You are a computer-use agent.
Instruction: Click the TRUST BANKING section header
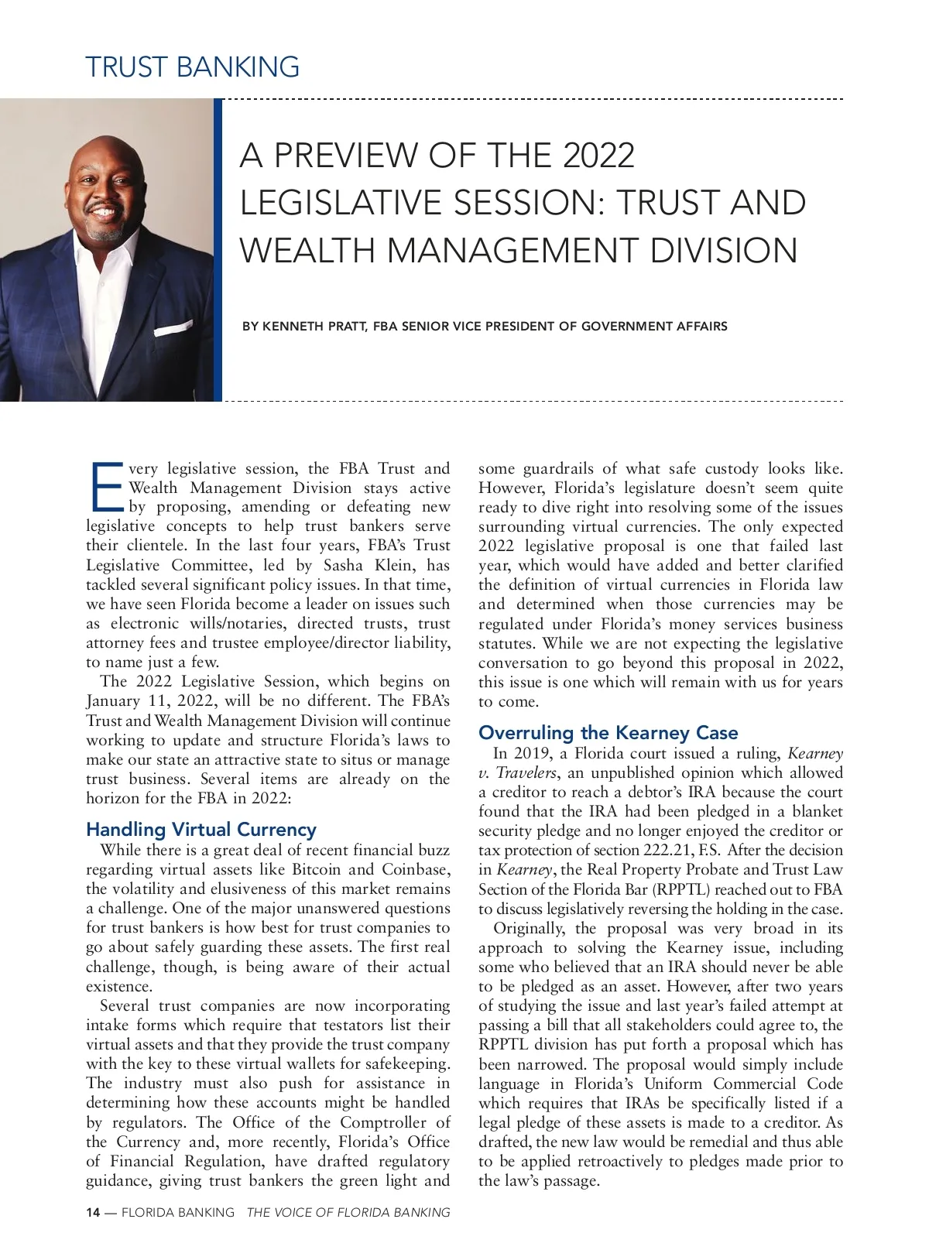click(192, 67)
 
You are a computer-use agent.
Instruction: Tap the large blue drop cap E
click(107, 488)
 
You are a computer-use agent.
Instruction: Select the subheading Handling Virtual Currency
click(201, 829)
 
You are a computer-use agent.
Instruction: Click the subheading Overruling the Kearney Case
click(608, 732)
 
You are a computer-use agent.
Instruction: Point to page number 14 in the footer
click(93, 1213)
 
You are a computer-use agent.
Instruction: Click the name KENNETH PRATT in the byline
click(314, 327)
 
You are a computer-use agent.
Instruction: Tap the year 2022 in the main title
click(598, 155)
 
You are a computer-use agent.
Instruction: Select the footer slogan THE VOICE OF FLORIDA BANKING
click(348, 1213)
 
